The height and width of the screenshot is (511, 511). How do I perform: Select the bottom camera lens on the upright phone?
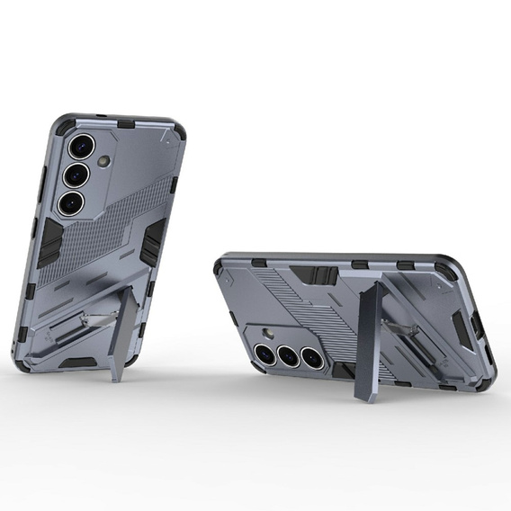[70, 202]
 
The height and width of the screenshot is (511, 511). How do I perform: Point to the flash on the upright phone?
[104, 161]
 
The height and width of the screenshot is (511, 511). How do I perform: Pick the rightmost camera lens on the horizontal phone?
[310, 357]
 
